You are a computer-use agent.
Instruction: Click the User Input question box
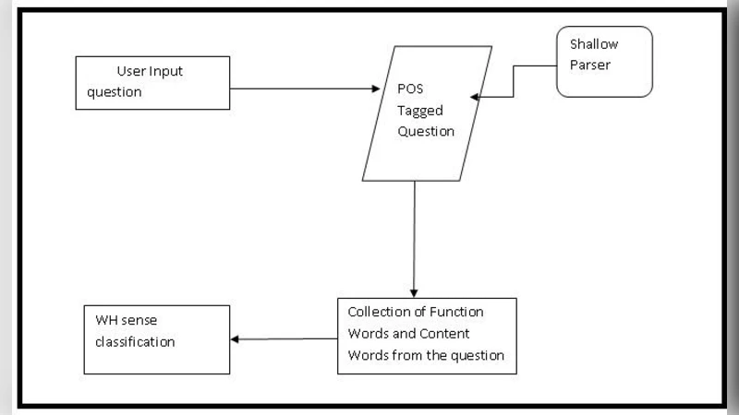point(152,82)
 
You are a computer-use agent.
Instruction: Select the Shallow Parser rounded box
point(604,61)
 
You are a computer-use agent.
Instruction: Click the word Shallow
point(593,43)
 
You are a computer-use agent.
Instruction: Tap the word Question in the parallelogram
point(426,131)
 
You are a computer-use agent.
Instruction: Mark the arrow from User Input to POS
point(305,89)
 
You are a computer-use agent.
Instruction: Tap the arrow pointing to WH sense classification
point(282,338)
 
